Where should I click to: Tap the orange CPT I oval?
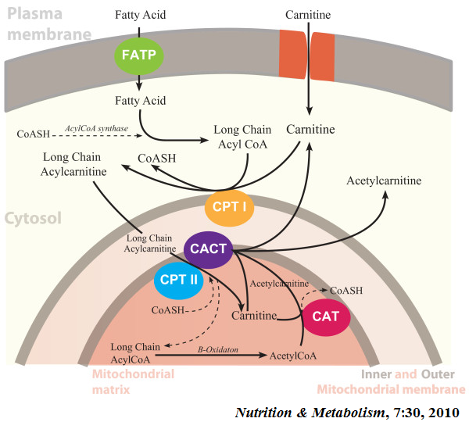click(229, 209)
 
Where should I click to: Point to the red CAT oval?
click(325, 317)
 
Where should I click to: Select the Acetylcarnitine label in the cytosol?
click(384, 181)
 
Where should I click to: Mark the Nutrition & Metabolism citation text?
click(346, 413)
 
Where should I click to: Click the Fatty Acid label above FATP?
click(140, 14)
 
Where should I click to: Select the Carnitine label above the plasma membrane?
click(308, 14)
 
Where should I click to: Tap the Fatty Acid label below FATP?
click(140, 101)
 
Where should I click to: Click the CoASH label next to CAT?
click(345, 290)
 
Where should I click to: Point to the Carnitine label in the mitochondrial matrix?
click(256, 316)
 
